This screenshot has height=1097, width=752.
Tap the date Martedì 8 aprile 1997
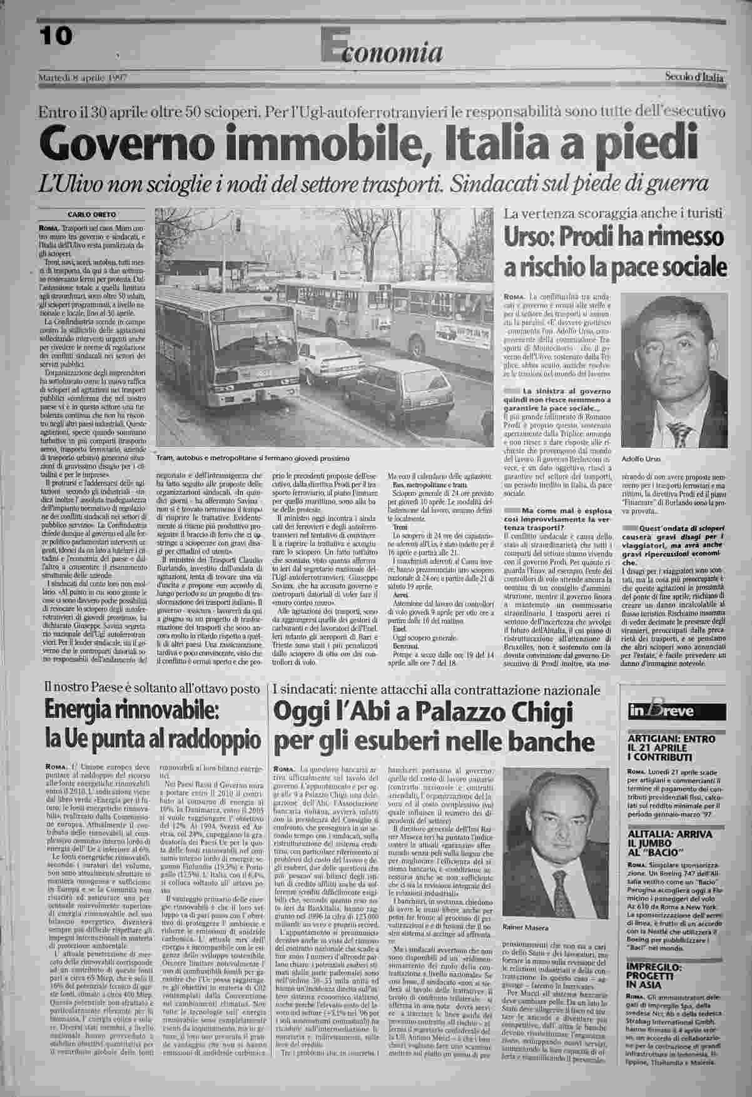click(x=83, y=78)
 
